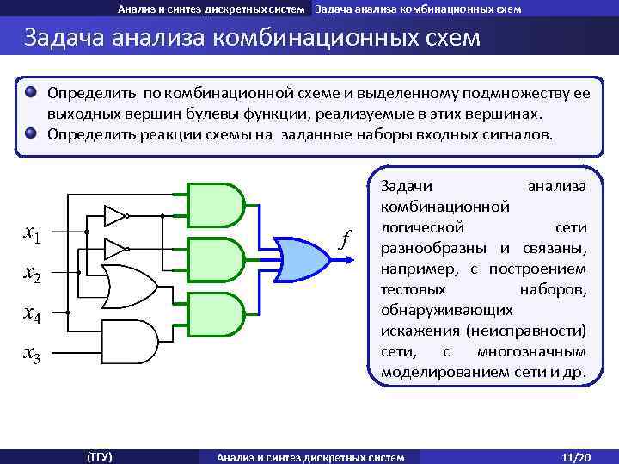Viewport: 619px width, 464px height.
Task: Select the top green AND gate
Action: (x=214, y=204)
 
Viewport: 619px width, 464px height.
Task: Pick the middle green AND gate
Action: (x=214, y=259)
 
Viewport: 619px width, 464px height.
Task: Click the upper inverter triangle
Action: (x=113, y=214)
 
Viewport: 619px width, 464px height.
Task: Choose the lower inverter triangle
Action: (x=113, y=250)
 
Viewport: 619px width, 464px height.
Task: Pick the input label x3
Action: (x=34, y=353)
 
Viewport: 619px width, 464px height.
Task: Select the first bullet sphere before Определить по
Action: (x=31, y=91)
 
